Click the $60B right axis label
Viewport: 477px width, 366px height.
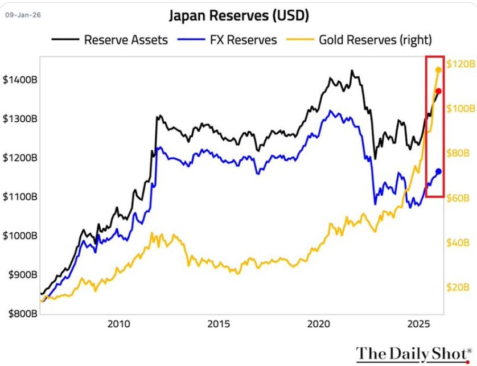coord(458,198)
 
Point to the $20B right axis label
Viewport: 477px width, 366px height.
coord(458,288)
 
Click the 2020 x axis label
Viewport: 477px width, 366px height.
coord(319,325)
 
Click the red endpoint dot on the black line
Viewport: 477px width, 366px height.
coord(438,91)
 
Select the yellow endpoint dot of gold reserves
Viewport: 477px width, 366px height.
coord(438,70)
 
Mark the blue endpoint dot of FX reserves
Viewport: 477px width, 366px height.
coord(438,171)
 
